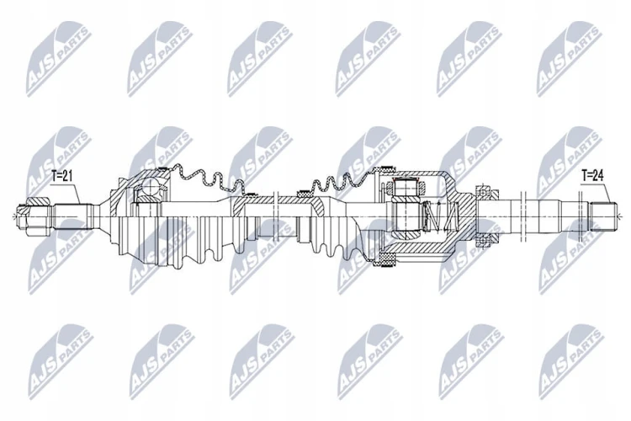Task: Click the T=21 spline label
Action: pyautogui.click(x=61, y=176)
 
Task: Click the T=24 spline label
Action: pyautogui.click(x=592, y=175)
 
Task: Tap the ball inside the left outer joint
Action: pyautogui.click(x=150, y=187)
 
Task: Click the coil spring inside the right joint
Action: pyautogui.click(x=439, y=216)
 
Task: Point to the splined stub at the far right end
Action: pyautogui.click(x=603, y=216)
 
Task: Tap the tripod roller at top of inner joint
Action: pyautogui.click(x=406, y=186)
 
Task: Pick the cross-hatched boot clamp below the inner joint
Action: pyautogui.click(x=385, y=259)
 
